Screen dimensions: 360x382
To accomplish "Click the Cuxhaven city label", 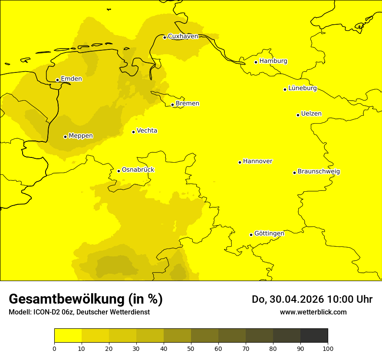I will (x=183, y=36).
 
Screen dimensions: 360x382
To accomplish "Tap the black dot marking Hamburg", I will (x=256, y=62).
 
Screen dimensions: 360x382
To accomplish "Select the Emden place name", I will (x=71, y=79).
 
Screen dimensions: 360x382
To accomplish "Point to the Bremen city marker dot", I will (x=172, y=105).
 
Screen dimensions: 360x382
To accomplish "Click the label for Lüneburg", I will (x=302, y=88).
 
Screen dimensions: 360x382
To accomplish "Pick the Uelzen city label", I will (x=311, y=114).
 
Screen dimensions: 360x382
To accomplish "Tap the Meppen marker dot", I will (x=65, y=137).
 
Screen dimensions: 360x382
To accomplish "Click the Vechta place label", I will (x=147, y=131).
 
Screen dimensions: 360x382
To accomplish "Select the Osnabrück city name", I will (x=138, y=170).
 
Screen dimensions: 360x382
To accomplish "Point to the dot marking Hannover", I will (x=240, y=162).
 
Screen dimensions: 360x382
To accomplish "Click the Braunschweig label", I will (x=319, y=172).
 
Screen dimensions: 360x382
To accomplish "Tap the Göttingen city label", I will (x=269, y=234).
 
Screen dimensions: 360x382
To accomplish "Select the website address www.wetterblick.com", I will (x=313, y=312).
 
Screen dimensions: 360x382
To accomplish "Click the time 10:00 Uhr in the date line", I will (x=349, y=300).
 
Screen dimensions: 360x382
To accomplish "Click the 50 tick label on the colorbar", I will (x=191, y=348).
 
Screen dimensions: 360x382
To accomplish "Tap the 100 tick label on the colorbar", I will (x=328, y=348).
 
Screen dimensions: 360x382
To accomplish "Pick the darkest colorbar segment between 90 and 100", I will (x=314, y=336).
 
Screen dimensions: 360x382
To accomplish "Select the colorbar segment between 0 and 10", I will (x=68, y=336).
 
